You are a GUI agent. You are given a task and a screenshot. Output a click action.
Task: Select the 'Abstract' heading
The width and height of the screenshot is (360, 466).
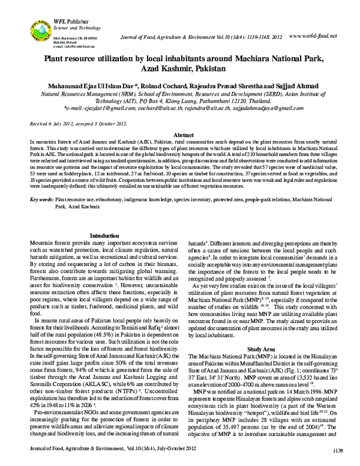tap(179, 136)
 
